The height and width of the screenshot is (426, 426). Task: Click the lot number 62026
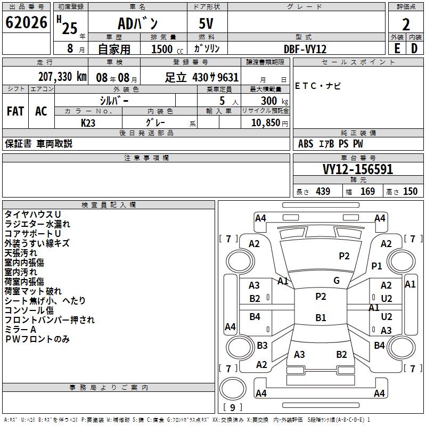click(26, 22)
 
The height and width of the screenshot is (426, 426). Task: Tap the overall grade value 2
click(406, 24)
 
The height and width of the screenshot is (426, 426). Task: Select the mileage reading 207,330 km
click(62, 77)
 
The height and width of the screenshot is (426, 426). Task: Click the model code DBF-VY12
click(305, 49)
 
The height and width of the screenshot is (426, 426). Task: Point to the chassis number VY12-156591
click(358, 169)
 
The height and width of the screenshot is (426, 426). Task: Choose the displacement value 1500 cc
click(167, 49)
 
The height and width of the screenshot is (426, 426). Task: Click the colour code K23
click(88, 123)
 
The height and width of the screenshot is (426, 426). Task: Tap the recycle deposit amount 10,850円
click(269, 123)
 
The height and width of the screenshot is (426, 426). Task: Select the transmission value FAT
click(15, 111)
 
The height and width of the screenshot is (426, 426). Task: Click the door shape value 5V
click(206, 23)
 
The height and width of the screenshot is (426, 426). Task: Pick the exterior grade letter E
click(397, 48)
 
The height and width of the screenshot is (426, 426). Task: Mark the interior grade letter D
click(414, 48)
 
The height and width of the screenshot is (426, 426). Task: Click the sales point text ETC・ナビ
click(317, 86)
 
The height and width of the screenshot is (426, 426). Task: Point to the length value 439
click(323, 191)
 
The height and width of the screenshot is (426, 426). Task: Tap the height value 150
click(410, 191)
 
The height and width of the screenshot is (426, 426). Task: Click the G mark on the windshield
click(337, 281)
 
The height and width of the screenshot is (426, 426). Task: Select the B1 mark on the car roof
click(321, 317)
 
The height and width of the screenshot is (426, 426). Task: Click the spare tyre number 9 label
click(233, 407)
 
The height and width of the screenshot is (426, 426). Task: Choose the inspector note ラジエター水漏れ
click(37, 224)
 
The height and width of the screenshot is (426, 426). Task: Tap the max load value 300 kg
click(274, 101)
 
